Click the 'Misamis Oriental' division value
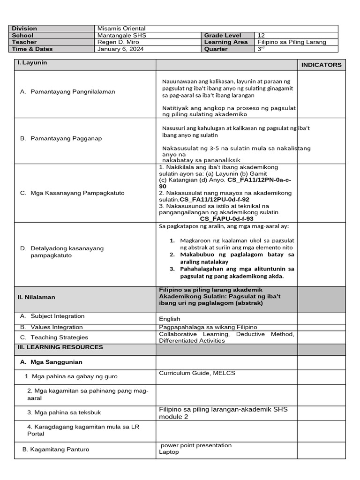point(121,29)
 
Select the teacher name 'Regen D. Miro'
point(117,42)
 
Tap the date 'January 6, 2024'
point(120,49)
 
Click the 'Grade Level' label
point(223,36)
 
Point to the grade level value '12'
point(262,36)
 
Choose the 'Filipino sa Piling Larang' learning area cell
point(292,42)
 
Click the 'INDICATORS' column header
point(321,65)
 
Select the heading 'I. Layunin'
point(32,63)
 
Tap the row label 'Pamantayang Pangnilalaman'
point(73,92)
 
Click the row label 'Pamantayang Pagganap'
point(66,138)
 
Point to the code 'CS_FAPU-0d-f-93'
point(226,219)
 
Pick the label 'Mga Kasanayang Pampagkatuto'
point(77,193)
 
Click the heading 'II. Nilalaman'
point(37,297)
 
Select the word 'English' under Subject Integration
point(170,319)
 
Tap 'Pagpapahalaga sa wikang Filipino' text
point(208,327)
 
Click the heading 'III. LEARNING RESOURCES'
point(60,347)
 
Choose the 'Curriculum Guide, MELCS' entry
point(197,373)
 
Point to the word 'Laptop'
point(169,452)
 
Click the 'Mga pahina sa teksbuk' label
point(64,412)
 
